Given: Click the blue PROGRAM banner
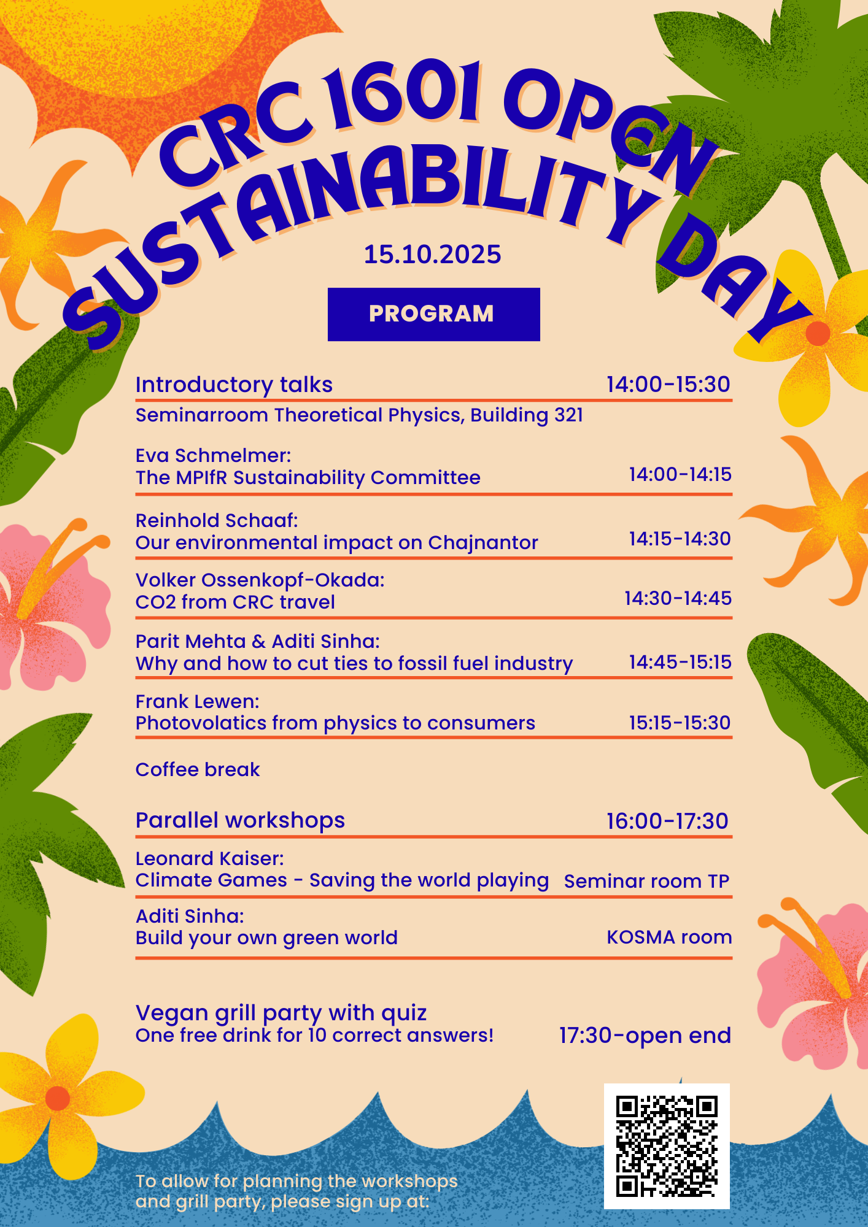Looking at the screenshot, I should point(433,314).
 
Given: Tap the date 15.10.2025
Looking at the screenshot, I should point(432,255).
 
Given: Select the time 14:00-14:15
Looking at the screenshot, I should point(680,474).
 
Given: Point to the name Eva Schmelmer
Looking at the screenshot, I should point(212,456).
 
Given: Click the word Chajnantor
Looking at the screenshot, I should point(482,543).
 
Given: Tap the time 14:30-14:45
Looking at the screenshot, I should point(678,598).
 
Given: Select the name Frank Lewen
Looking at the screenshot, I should point(196,701).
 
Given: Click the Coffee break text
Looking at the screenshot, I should point(198,769).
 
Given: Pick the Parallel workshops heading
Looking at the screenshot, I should point(240,820).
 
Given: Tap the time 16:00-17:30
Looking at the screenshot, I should point(667,821).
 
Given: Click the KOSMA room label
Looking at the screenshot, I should point(669,937).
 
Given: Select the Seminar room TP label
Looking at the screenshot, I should point(646,881).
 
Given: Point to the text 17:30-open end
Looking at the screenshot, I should point(645,1036).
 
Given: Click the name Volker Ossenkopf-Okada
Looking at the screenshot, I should point(259,580).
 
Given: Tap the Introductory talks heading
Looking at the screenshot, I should point(234,385).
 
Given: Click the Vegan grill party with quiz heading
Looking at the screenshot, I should point(281,1013).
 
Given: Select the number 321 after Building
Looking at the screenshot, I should point(568,415).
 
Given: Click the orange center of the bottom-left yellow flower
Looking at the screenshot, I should point(58,1098).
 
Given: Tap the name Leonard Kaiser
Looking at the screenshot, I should point(209,859).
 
